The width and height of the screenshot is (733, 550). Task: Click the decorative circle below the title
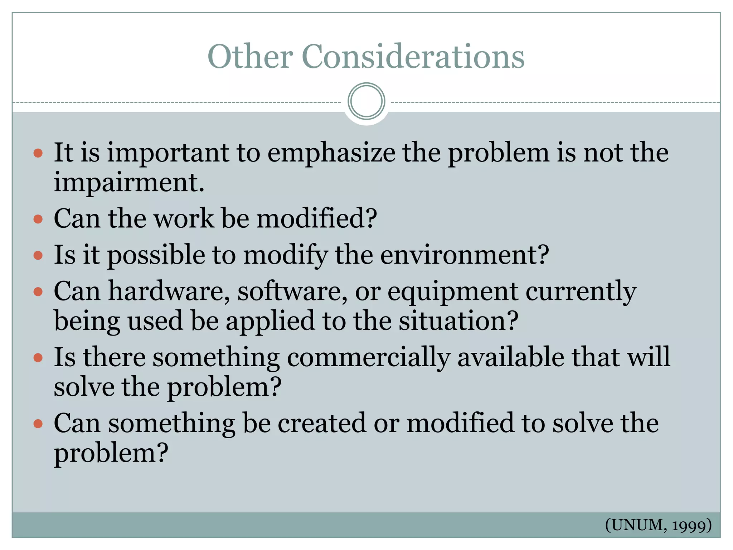coord(366,101)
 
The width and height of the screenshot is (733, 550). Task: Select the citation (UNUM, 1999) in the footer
coord(658,525)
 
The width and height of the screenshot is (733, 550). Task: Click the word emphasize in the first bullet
coord(331,153)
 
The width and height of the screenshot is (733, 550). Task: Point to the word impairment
coord(128,182)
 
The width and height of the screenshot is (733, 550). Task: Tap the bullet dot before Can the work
coord(38,219)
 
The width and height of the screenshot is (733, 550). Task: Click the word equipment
coord(453,292)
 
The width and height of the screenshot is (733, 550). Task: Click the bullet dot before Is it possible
coord(38,255)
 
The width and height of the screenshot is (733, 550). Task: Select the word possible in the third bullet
coord(156,256)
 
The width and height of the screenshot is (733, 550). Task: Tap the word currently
coord(581,292)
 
